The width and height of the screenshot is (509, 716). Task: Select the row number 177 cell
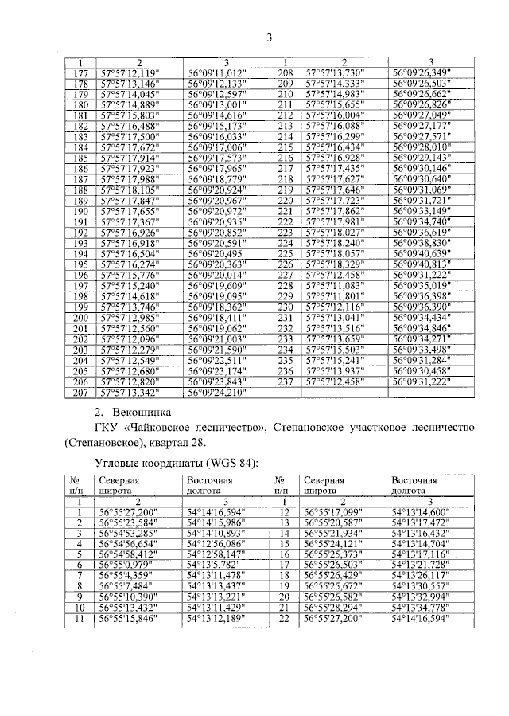tap(80, 73)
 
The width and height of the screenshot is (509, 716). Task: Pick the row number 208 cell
tap(285, 73)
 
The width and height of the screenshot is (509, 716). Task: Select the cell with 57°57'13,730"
tap(334, 73)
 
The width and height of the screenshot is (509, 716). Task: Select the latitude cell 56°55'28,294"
tap(334, 606)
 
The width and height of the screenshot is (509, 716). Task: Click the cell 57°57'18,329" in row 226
tap(334, 264)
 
